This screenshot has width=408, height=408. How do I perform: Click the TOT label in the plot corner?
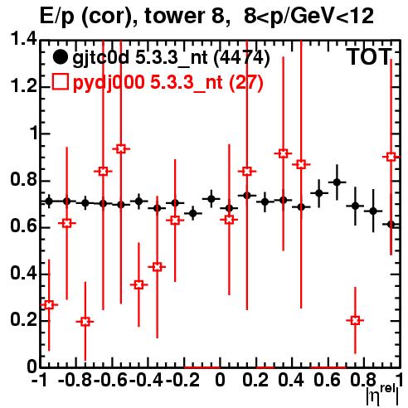pos(369,57)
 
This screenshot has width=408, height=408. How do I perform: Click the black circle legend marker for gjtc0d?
pos(60,57)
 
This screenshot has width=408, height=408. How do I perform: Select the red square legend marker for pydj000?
pos(60,82)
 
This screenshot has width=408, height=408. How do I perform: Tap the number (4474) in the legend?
pos(242,58)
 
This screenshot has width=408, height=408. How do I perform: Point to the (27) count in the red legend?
pos(246,82)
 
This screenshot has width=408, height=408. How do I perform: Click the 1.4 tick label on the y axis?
pos(23,39)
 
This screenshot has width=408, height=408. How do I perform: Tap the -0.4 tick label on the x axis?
pos(147,380)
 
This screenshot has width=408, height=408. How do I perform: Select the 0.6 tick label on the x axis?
pos(327,380)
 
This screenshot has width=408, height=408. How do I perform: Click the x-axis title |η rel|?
pos(382,396)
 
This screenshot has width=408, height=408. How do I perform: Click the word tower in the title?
pos(173,16)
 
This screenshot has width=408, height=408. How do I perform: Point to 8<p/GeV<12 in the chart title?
pos(308,17)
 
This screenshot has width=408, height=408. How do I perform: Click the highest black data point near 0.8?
pos(337,182)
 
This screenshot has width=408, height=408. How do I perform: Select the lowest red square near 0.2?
pos(85,322)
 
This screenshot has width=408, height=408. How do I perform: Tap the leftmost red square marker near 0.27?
pos(49,305)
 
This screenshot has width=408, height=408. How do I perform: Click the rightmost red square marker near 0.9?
pos(391,157)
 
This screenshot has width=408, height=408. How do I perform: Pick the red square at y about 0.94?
pos(121,149)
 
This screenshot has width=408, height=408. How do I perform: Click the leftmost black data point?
pos(49,202)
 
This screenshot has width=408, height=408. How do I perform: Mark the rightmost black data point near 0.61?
pos(391,225)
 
